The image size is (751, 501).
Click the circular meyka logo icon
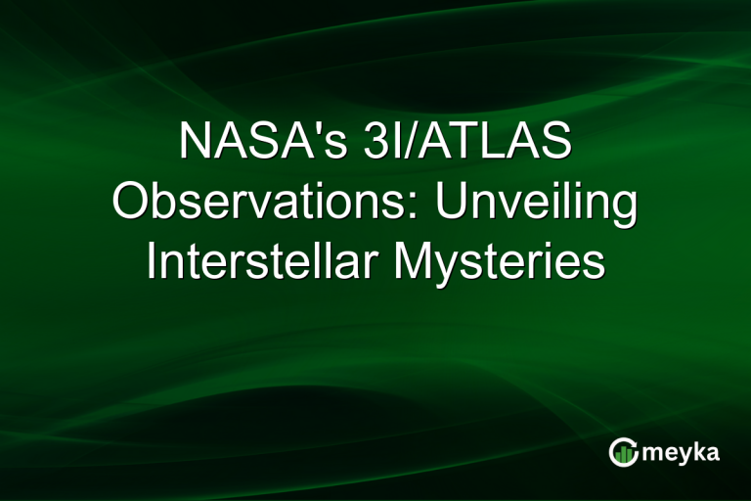pyautogui.click(x=622, y=452)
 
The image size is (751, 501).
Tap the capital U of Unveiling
pyautogui.click(x=453, y=204)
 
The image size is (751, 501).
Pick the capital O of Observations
pyautogui.click(x=133, y=204)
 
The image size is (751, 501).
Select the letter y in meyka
pyautogui.click(x=683, y=455)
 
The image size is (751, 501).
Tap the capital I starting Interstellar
pyautogui.click(x=153, y=263)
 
